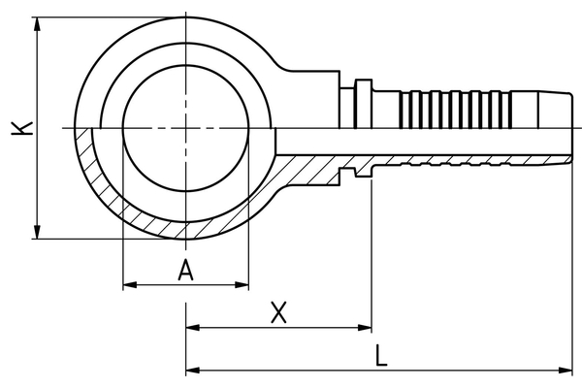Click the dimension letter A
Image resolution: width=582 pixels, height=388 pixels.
(x=186, y=272)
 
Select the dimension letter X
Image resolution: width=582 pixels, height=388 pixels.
(x=278, y=312)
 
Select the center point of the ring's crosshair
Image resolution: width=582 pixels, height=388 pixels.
(x=185, y=128)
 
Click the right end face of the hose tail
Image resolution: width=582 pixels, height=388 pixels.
(x=569, y=128)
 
